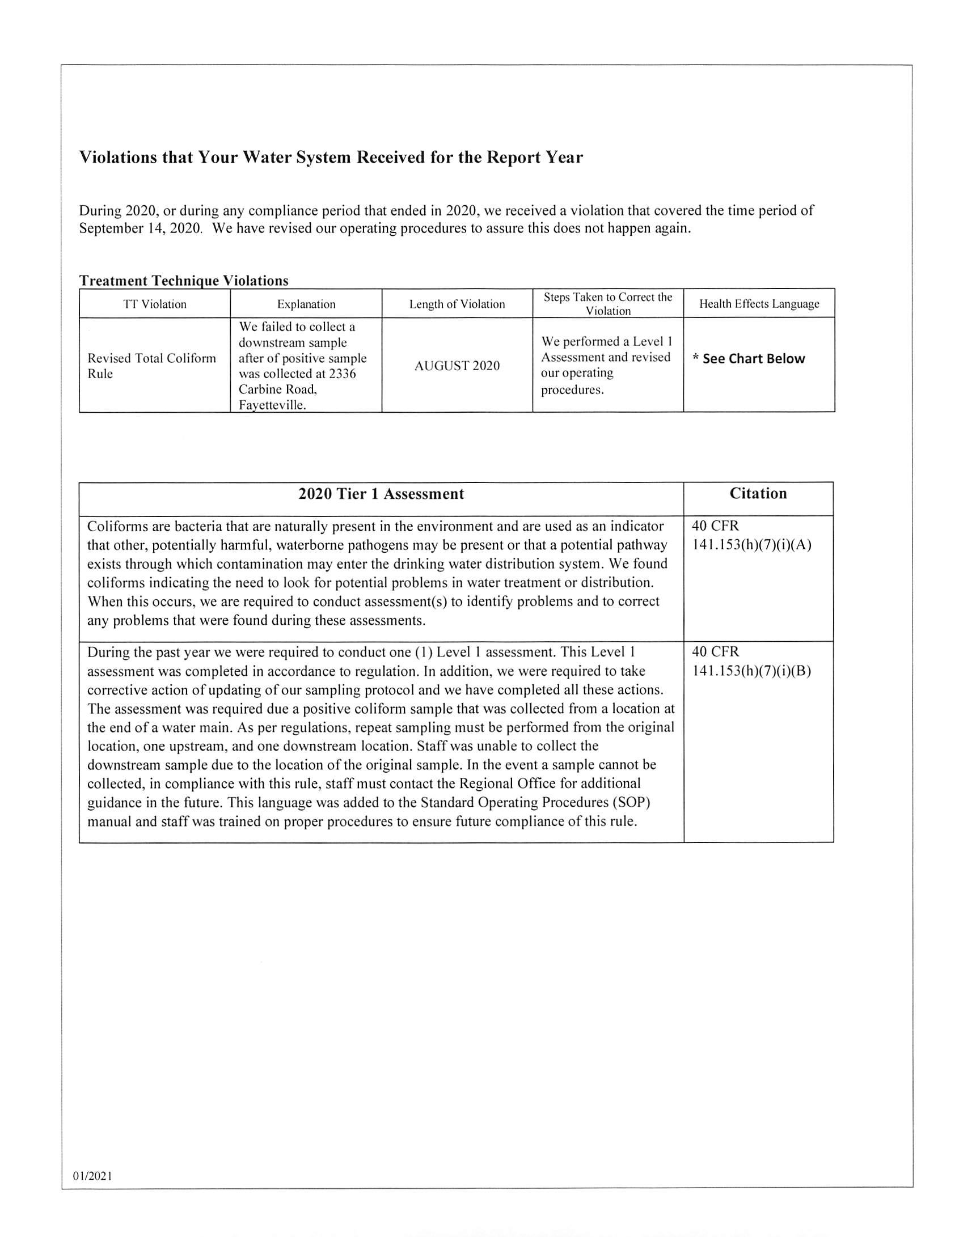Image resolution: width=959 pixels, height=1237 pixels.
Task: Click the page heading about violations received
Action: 331,157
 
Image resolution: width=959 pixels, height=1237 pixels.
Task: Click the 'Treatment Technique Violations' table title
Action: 183,281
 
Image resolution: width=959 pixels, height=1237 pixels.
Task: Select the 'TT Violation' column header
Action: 154,304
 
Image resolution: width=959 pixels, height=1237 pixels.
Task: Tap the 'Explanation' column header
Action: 306,304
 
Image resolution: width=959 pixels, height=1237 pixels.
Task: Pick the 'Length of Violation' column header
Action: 457,304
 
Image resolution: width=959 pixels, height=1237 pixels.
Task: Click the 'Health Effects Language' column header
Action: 759,304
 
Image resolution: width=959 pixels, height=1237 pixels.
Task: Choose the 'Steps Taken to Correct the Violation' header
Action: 608,304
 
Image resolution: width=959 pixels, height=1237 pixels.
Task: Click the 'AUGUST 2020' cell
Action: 457,366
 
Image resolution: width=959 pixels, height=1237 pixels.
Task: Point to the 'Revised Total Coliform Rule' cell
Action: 151,366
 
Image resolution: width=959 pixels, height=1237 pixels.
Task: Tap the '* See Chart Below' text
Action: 749,359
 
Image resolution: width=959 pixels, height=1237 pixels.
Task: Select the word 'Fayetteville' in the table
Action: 271,405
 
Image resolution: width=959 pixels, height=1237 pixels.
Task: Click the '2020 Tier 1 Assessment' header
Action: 381,494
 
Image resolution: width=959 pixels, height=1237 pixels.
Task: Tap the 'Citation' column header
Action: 758,493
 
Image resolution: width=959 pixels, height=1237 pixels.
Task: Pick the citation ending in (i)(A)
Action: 751,545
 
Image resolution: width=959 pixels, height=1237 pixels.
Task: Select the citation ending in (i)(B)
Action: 751,671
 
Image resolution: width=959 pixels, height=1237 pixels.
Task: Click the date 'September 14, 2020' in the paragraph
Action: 140,228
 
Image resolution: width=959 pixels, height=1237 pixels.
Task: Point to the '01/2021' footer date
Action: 92,1176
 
